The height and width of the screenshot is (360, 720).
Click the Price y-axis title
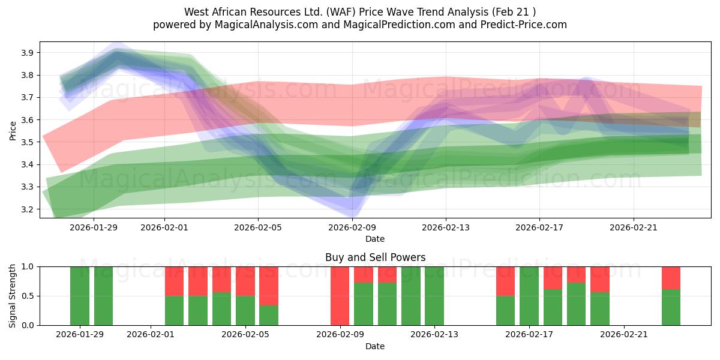(13, 130)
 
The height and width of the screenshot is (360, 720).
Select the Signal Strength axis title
(13, 296)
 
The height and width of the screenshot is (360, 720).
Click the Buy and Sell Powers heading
(375, 257)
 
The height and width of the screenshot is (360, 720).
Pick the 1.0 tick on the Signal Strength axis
(29, 266)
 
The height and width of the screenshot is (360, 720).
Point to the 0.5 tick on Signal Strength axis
(29, 296)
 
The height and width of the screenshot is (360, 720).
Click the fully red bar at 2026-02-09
(340, 296)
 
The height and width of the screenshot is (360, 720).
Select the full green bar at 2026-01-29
(80, 296)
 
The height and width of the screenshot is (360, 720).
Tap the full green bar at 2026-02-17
(529, 296)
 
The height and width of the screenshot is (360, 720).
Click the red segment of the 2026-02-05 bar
(245, 281)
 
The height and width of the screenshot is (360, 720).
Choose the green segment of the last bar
(671, 307)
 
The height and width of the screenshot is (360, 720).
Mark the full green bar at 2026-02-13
(434, 296)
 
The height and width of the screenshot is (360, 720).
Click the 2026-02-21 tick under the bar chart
(624, 334)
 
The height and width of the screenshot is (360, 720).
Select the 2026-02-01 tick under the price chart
(164, 227)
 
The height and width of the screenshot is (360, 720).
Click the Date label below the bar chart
(375, 346)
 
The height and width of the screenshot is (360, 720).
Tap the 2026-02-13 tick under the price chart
(445, 227)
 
